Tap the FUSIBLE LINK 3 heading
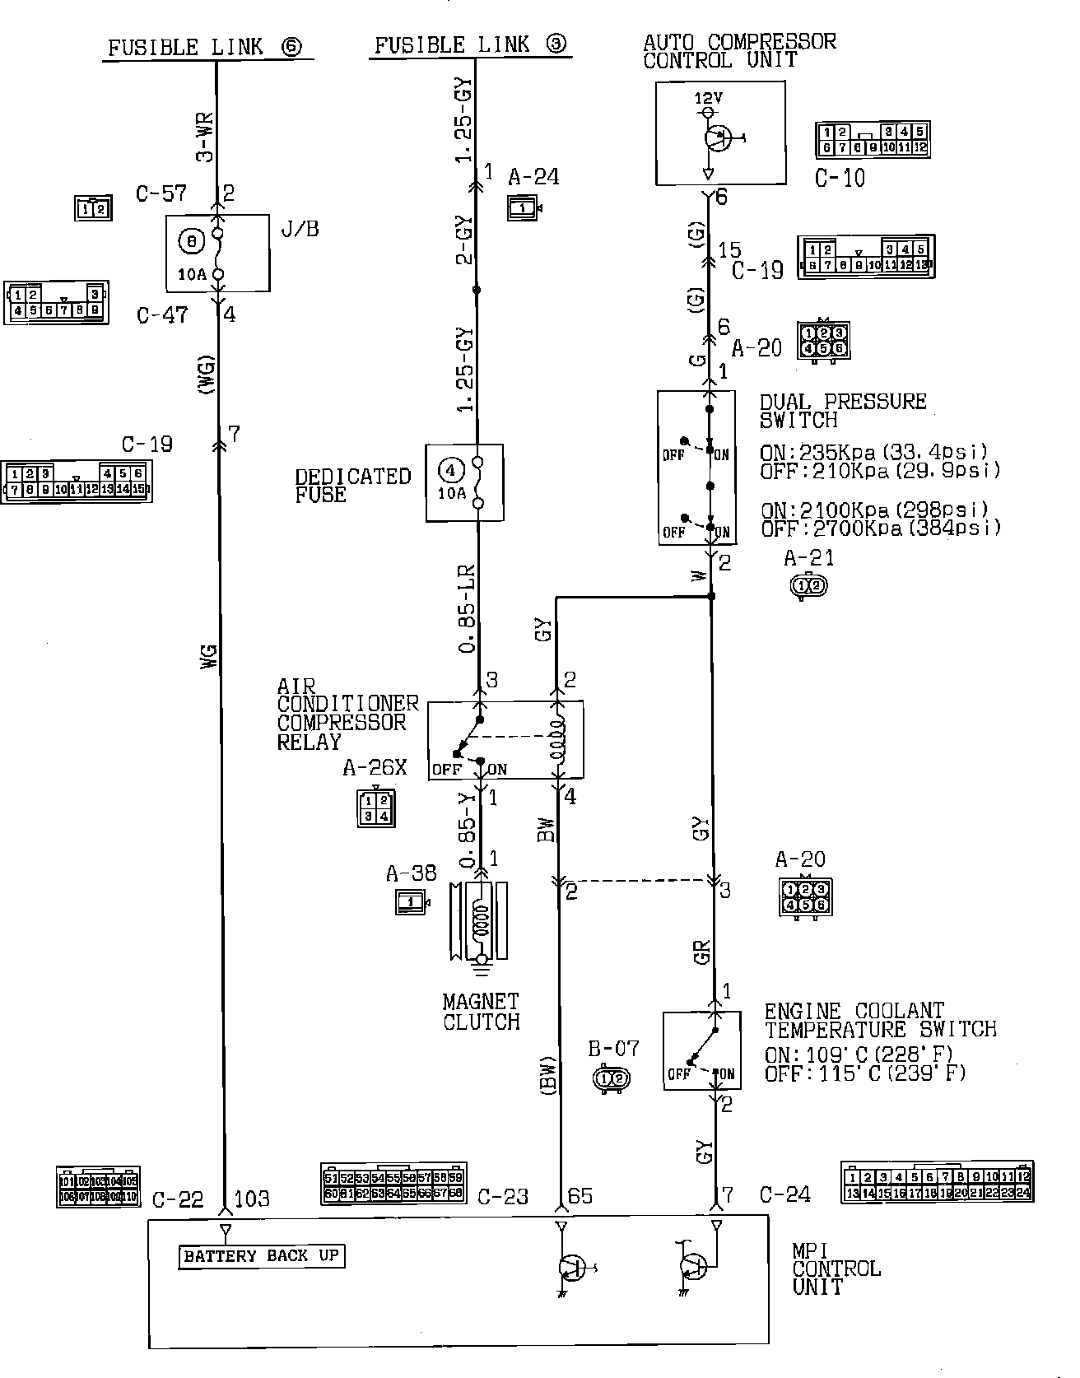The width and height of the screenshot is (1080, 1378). click(x=471, y=44)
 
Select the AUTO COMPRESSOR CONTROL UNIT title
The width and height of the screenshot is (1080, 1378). click(x=738, y=51)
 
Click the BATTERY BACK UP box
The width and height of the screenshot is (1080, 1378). click(x=261, y=1256)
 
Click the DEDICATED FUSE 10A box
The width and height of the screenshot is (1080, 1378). click(x=464, y=482)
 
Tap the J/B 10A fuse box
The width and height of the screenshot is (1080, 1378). click(x=217, y=253)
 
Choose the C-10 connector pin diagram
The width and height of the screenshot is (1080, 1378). click(x=873, y=140)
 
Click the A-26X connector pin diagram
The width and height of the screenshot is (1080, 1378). click(x=375, y=808)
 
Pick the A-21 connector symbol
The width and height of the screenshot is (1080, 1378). click(x=808, y=585)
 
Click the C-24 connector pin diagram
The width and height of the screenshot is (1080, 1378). click(x=936, y=1184)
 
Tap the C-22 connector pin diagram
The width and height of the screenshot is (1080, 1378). click(x=98, y=1187)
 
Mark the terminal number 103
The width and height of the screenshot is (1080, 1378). click(x=252, y=1199)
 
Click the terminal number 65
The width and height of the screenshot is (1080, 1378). click(x=580, y=1195)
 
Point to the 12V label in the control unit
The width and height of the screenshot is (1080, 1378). click(x=708, y=98)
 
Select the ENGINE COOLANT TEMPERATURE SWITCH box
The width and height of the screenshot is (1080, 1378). click(x=701, y=1050)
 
